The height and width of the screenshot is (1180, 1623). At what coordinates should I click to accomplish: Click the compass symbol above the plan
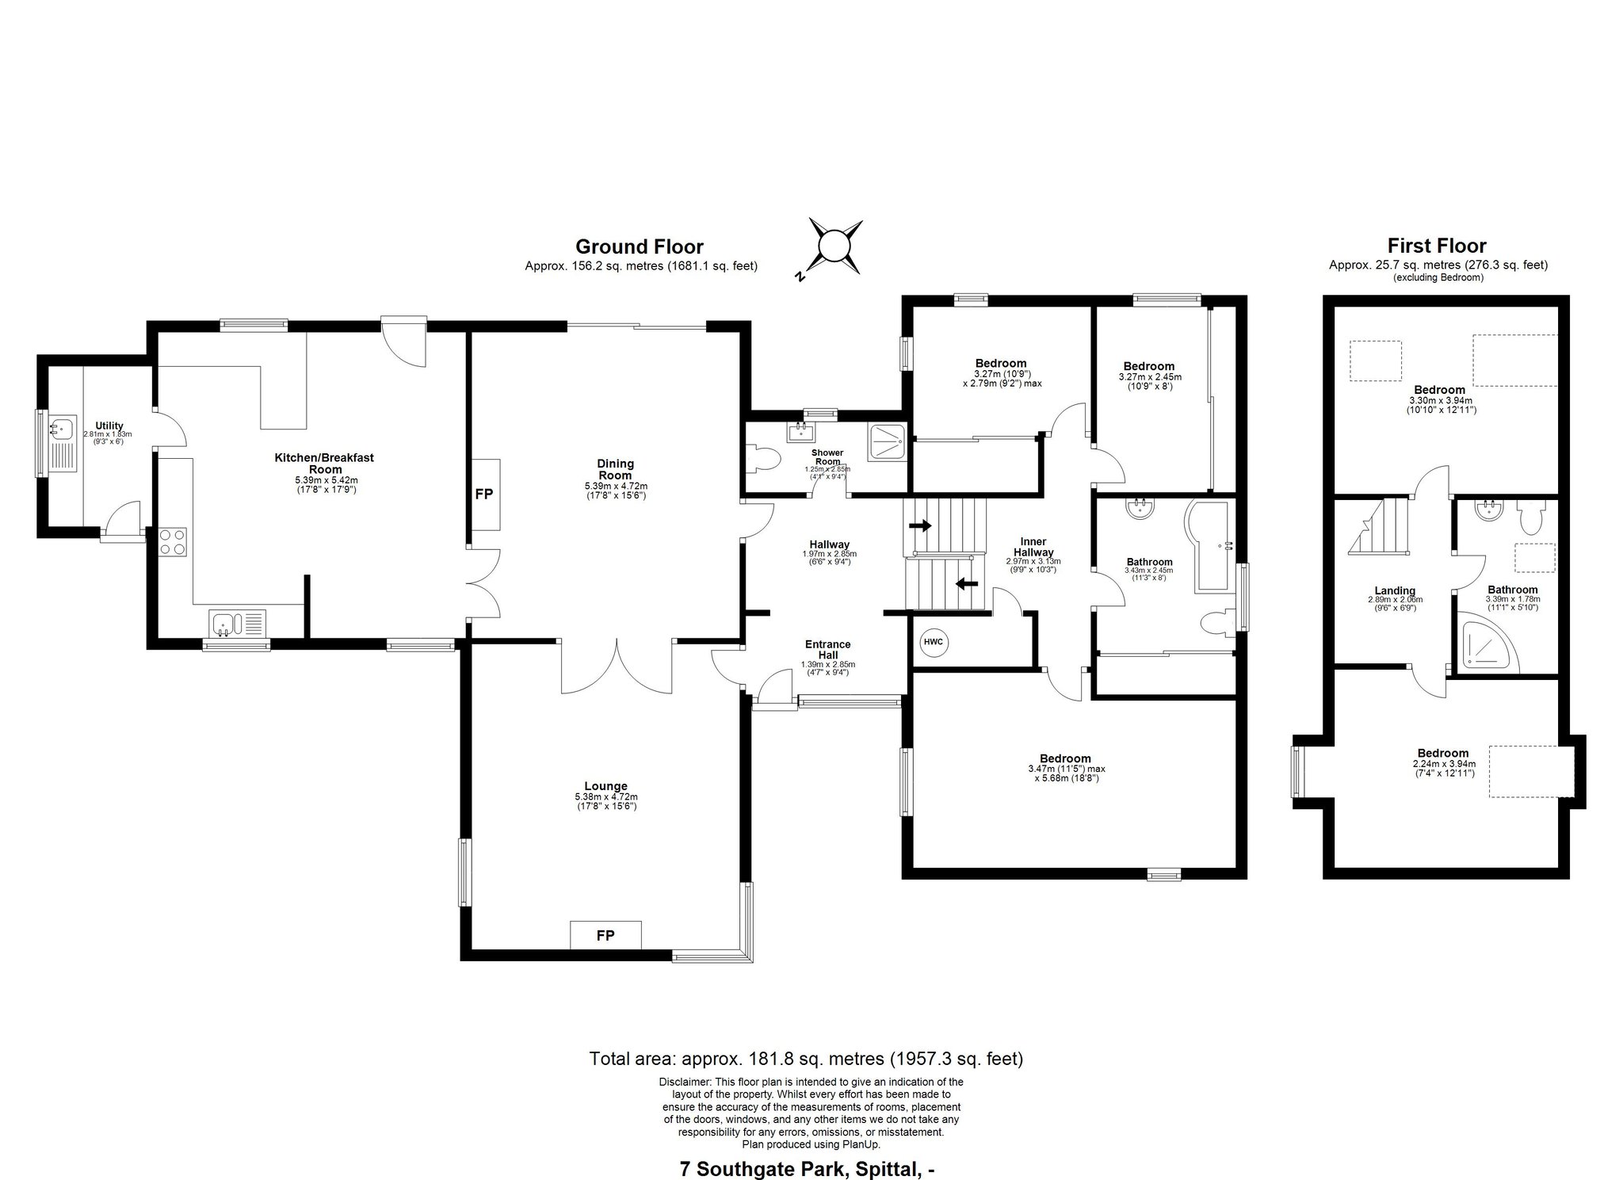point(834,245)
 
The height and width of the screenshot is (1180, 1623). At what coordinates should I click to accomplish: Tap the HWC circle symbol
point(934,642)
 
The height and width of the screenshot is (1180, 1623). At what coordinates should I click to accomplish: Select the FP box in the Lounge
point(605,935)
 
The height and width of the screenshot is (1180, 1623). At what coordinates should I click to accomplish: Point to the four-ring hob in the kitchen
point(174,542)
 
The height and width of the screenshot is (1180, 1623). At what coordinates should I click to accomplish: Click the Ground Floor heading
point(640,246)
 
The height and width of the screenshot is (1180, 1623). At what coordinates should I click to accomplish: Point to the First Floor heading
point(1438,246)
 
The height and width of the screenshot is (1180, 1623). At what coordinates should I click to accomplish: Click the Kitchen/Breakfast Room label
point(324,464)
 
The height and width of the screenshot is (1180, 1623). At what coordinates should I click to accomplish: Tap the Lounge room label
point(606,786)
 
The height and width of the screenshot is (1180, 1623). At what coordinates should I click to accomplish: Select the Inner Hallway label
point(1033,547)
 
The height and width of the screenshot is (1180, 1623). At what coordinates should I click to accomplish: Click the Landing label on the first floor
point(1395,590)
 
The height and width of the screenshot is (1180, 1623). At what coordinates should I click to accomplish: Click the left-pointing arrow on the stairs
point(966,584)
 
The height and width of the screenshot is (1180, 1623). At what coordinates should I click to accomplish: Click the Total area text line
point(806,1058)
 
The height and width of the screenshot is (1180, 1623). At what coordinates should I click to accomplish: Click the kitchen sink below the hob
point(238,623)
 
